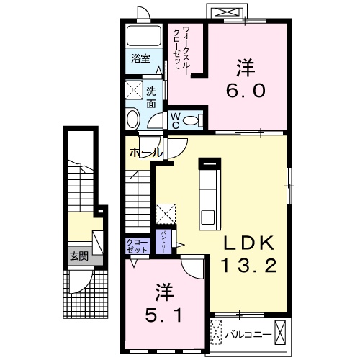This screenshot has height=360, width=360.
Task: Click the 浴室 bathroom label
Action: (x=140, y=59)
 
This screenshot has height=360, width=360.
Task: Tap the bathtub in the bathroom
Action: (x=144, y=37)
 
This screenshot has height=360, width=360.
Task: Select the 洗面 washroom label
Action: (x=151, y=96)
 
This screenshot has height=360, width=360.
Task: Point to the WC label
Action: (x=175, y=120)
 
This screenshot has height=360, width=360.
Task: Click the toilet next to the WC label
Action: (x=191, y=120)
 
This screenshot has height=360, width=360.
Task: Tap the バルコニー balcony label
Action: (x=253, y=335)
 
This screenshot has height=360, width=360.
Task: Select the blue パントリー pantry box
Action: (x=166, y=237)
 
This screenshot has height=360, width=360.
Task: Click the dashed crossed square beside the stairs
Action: (x=165, y=214)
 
